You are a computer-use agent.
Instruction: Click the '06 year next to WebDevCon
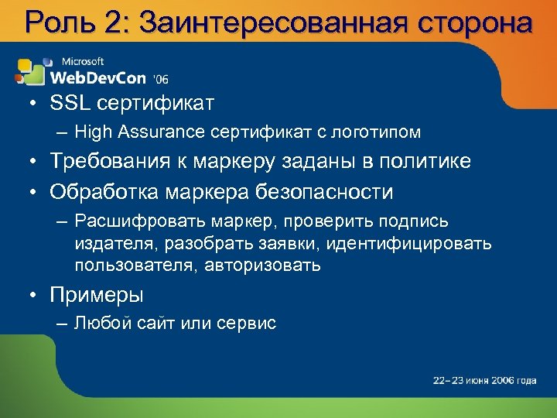(x=161, y=79)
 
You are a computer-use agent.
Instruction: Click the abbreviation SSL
(x=70, y=102)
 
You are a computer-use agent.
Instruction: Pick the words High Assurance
(x=139, y=132)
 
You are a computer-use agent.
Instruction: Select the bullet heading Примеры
(x=97, y=295)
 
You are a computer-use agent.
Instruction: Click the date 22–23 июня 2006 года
(x=484, y=380)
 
